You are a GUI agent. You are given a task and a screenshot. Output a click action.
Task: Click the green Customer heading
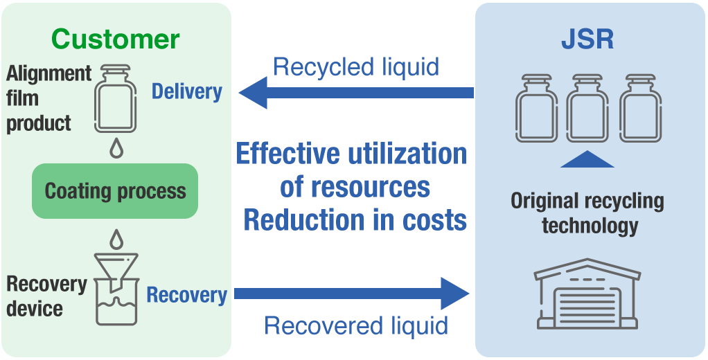pyautogui.click(x=116, y=39)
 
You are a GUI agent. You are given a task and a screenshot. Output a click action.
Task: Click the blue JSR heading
pyautogui.click(x=587, y=39)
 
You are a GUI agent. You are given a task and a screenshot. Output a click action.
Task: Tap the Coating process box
pyautogui.click(x=115, y=190)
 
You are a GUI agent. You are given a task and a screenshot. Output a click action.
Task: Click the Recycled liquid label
pyautogui.click(x=356, y=67)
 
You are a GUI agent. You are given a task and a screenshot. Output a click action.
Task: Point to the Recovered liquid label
pyautogui.click(x=356, y=325)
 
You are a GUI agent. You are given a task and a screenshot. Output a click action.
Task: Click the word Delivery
pyautogui.click(x=186, y=91)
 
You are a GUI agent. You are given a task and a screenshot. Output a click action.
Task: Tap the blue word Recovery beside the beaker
pyautogui.click(x=186, y=295)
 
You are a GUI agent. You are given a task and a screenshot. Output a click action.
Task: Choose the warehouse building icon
pyautogui.click(x=587, y=294)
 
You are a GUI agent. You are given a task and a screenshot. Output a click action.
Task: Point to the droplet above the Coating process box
pyautogui.click(x=116, y=149)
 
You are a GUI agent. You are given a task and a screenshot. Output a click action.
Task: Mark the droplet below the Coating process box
pyautogui.click(x=116, y=239)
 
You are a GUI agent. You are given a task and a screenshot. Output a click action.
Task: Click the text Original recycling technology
pyautogui.click(x=587, y=213)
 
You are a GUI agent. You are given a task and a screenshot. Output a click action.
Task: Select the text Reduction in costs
pyautogui.click(x=355, y=220)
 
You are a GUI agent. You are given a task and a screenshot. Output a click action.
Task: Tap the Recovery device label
pyautogui.click(x=46, y=296)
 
